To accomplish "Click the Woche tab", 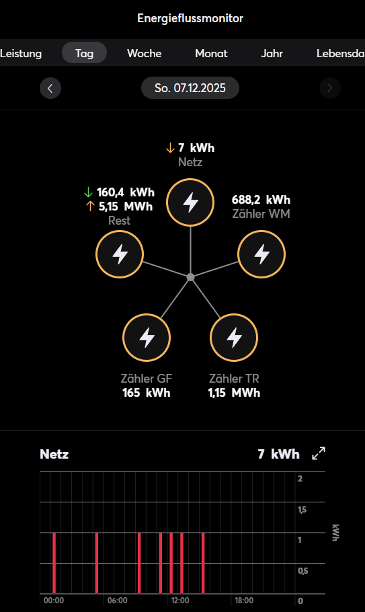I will tap(144, 53).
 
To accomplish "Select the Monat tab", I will tap(211, 53).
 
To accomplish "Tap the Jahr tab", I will tap(272, 53).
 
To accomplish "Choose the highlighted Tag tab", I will tap(84, 53).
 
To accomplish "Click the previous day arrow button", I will tap(50, 88).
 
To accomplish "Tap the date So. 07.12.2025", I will tap(190, 88).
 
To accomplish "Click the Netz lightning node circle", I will tap(191, 202).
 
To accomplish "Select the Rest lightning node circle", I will tap(120, 254).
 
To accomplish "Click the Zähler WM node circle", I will tap(261, 254).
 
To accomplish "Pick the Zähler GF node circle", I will tap(147, 337).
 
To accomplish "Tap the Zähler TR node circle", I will tap(235, 337).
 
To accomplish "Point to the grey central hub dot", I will tap(191, 277).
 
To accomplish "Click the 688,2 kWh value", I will tap(261, 200).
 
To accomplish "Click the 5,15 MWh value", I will tap(126, 206).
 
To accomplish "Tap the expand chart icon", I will tap(319, 454).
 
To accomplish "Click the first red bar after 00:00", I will tap(54, 563).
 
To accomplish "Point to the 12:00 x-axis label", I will tap(179, 600).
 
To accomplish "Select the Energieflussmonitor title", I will tap(190, 18).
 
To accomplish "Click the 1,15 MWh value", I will tap(234, 393).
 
